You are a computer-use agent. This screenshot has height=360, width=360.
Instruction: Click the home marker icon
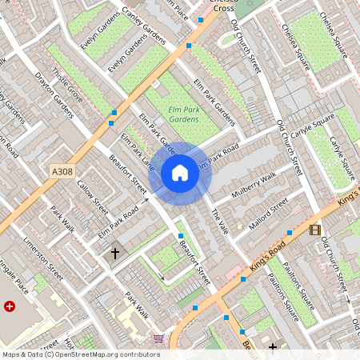(180, 172)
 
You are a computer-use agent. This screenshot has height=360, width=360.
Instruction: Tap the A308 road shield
(62, 171)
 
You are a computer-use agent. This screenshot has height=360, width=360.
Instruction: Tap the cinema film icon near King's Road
(315, 230)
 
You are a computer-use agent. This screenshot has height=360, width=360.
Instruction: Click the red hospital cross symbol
(10, 306)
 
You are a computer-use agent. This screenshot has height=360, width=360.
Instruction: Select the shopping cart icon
(158, 338)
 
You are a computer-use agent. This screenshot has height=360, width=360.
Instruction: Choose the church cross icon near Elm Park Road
(114, 253)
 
